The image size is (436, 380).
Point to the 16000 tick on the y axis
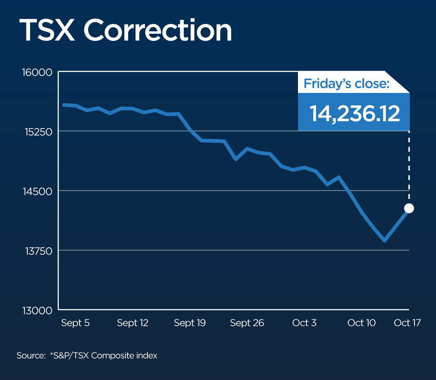pyautogui.click(x=37, y=72)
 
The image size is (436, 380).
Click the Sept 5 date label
pyautogui.click(x=75, y=323)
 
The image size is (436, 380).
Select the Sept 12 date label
pyautogui.click(x=133, y=323)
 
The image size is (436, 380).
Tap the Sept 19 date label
pyautogui.click(x=190, y=323)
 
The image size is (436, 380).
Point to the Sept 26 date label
pyautogui.click(x=247, y=323)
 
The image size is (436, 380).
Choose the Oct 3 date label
pyautogui.click(x=304, y=323)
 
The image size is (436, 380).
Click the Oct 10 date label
pyautogui.click(x=361, y=323)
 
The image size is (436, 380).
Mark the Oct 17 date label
pyautogui.click(x=407, y=323)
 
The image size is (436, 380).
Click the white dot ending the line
pyautogui.click(x=409, y=208)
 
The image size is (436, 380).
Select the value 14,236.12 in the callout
pyautogui.click(x=355, y=113)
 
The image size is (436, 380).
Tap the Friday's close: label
pyautogui.click(x=346, y=83)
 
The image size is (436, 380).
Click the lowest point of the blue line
pyautogui.click(x=384, y=240)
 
